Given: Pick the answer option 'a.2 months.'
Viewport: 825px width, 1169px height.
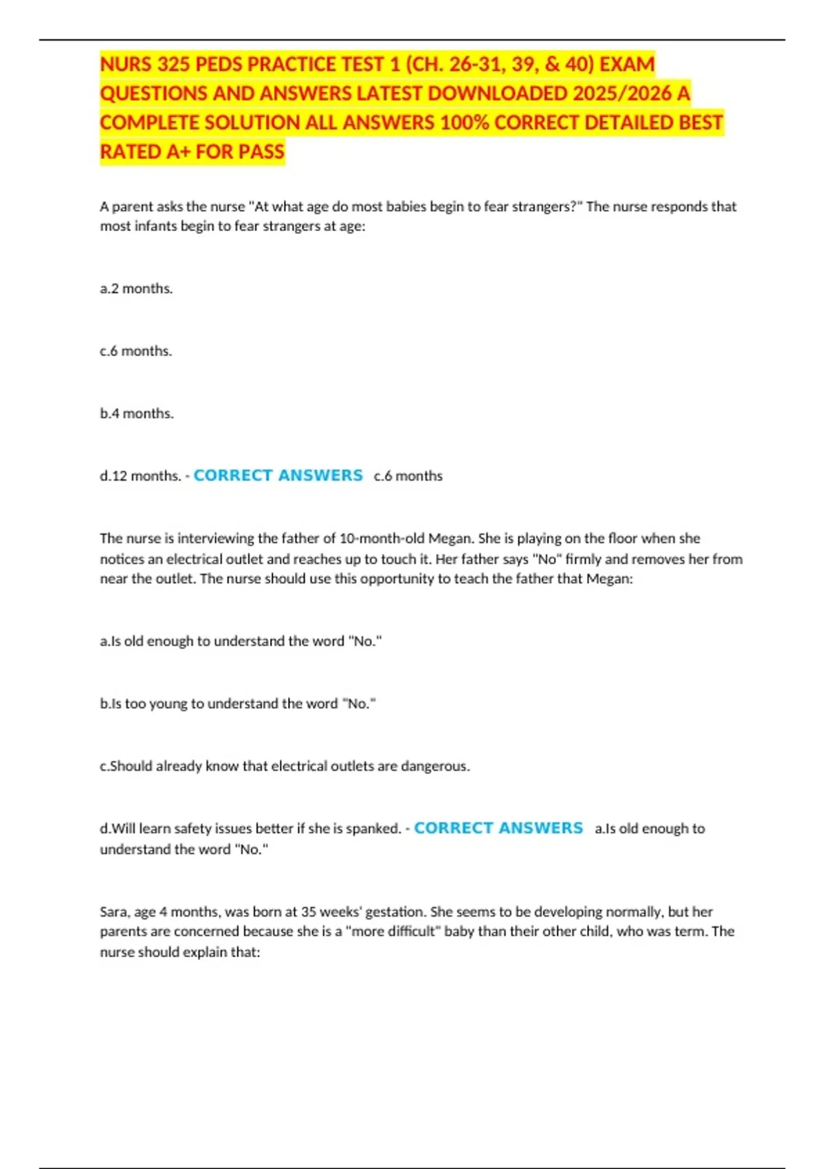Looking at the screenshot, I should (x=136, y=289).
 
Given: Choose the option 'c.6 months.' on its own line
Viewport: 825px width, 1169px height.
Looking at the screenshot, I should (x=136, y=351).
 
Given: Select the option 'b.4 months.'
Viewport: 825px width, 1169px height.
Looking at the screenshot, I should (x=137, y=414).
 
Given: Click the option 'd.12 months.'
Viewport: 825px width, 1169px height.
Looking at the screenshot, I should (x=140, y=476).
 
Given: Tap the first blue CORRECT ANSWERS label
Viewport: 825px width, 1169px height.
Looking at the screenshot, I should (x=278, y=475).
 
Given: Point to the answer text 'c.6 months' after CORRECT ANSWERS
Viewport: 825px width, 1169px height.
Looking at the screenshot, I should (x=408, y=476).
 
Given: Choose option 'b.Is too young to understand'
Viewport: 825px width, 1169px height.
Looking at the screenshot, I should (x=238, y=703).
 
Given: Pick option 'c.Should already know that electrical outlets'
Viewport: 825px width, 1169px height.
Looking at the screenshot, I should (x=285, y=766).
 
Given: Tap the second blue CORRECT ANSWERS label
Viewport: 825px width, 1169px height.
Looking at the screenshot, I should (x=498, y=828).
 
